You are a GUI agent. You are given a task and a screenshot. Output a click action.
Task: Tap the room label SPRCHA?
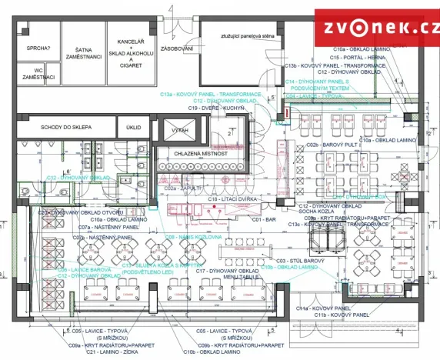(38, 48)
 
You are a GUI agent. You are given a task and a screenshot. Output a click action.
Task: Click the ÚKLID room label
(134, 128)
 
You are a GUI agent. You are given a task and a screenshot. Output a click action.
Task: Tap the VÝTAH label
(180, 131)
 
